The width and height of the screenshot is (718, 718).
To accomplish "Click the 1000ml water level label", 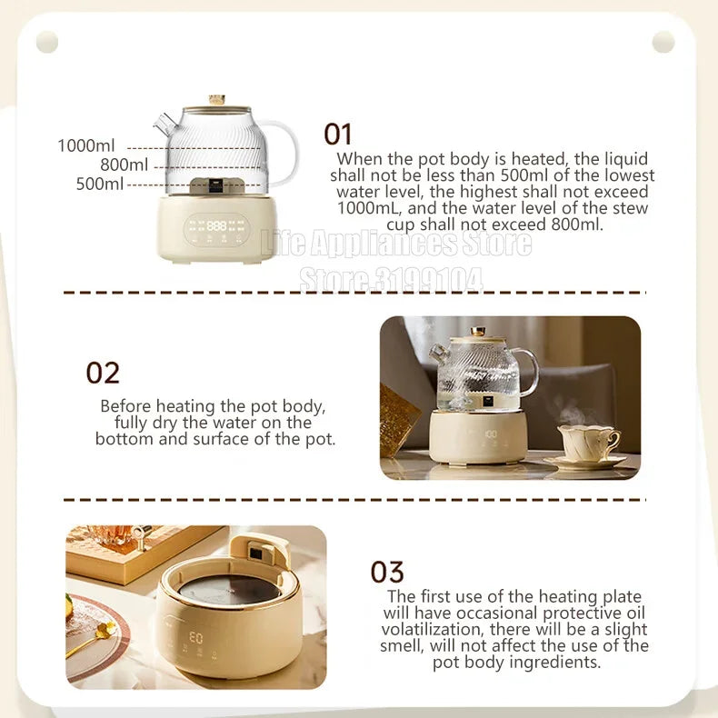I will coord(86,145).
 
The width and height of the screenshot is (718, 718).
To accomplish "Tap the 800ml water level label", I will coord(124,165).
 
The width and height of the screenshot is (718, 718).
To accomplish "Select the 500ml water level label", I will coord(100,184).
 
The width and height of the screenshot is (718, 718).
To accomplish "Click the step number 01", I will coord(338,135).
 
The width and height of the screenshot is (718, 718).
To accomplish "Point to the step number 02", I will coord(103,373).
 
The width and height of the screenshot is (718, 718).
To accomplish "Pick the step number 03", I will coord(387,573).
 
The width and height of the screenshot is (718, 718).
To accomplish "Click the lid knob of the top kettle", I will coord(216,99).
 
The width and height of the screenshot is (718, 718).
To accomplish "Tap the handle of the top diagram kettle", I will coord(283,151).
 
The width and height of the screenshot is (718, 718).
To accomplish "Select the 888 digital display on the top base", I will coord(216,224).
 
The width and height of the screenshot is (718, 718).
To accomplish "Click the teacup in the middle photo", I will coord(587,444).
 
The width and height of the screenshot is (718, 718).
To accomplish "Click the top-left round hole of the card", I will coord(47,42).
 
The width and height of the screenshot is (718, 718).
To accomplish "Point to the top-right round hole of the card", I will coord(663,42).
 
